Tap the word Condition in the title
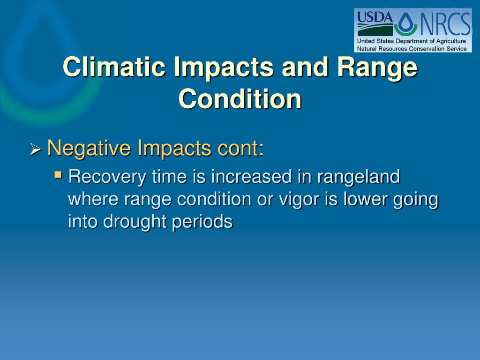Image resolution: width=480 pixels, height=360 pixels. pyautogui.click(x=240, y=98)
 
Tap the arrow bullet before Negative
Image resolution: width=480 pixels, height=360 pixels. pyautogui.click(x=36, y=150)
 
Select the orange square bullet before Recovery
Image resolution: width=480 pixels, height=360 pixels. pyautogui.click(x=58, y=175)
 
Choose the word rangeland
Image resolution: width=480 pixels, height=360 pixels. pyautogui.click(x=359, y=177)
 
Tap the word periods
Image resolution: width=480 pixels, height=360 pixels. pyautogui.click(x=202, y=222)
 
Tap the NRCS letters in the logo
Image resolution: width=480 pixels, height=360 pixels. pyautogui.click(x=445, y=24)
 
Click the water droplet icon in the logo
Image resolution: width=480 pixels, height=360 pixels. pyautogui.click(x=406, y=23)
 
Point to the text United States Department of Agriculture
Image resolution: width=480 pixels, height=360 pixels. pyautogui.click(x=412, y=41)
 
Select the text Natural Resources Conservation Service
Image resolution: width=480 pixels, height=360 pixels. pyautogui.click(x=412, y=49)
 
